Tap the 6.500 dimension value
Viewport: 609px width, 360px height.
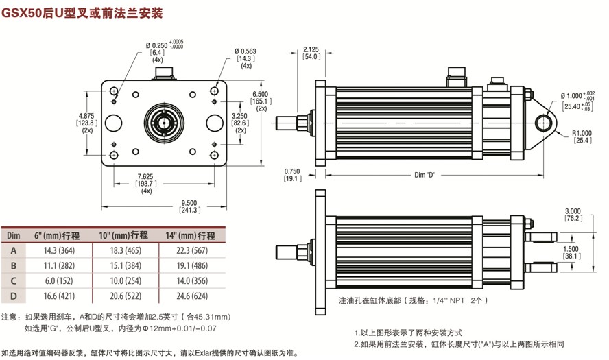pos(261,93)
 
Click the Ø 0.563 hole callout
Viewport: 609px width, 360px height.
pos(246,51)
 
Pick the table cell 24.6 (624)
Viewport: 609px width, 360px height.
pos(193,296)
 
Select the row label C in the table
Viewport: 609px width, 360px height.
pos(12,280)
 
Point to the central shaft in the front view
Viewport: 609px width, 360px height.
pos(165,123)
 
